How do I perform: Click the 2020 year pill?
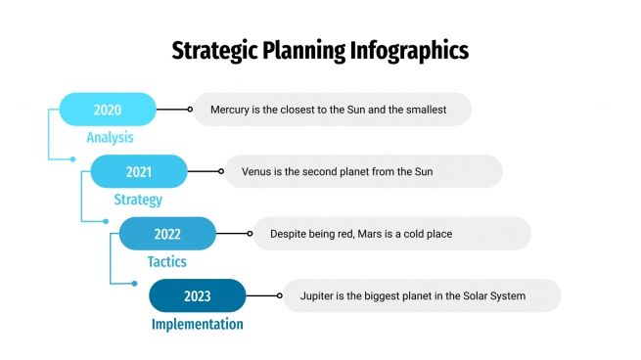(x=108, y=110)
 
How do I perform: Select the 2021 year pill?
(x=138, y=171)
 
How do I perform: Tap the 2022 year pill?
(x=167, y=234)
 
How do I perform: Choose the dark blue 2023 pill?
(x=197, y=295)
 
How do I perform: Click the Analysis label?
(x=109, y=138)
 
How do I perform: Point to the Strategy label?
(x=138, y=200)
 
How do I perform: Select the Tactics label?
(x=166, y=262)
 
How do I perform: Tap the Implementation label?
(x=197, y=324)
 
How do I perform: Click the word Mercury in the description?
(x=230, y=110)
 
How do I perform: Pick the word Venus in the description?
(x=257, y=171)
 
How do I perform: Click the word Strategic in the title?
(x=210, y=50)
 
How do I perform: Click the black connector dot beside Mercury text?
(x=190, y=110)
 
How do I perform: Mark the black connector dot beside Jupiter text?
(x=279, y=295)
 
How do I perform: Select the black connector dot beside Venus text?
(x=220, y=171)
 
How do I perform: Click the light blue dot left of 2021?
(x=72, y=158)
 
